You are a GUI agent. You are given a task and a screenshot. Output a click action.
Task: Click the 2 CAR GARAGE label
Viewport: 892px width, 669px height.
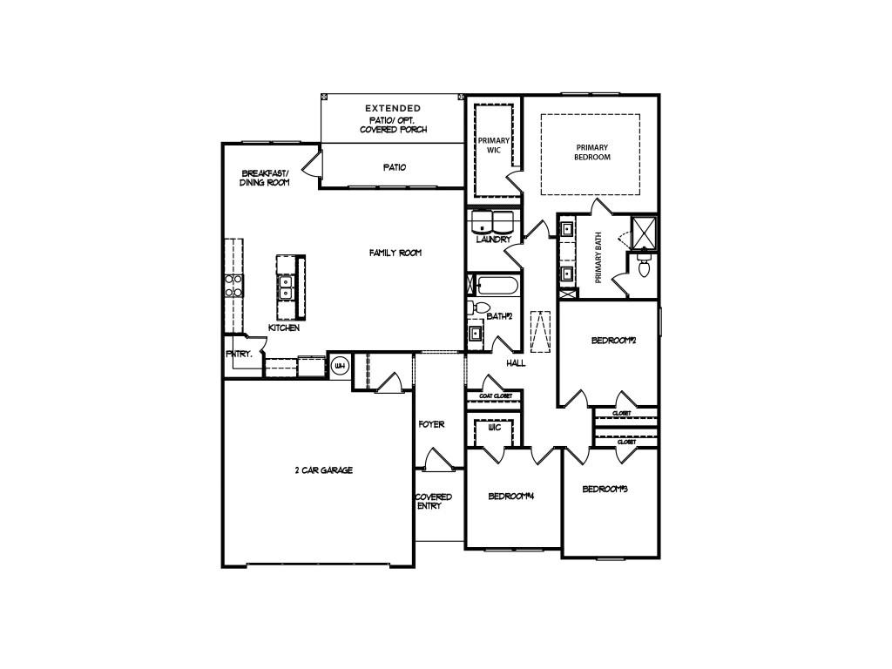(x=323, y=470)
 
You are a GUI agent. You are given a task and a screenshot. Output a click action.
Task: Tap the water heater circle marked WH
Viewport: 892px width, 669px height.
(x=340, y=366)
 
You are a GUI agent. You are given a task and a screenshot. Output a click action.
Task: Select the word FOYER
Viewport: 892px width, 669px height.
(x=431, y=424)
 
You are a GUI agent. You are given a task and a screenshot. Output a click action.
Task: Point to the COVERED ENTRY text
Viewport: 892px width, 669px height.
(x=433, y=501)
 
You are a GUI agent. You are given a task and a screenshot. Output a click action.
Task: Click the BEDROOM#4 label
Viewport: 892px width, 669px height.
(x=510, y=497)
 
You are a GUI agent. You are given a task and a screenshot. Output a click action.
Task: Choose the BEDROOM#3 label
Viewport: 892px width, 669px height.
(x=605, y=490)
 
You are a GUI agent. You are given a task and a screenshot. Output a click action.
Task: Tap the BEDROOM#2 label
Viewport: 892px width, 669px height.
(x=614, y=341)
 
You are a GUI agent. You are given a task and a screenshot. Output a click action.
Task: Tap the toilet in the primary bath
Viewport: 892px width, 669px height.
(x=644, y=268)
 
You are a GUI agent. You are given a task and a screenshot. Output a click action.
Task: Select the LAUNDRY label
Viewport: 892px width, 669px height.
(x=493, y=240)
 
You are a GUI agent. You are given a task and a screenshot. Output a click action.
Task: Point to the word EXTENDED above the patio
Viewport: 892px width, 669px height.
(x=392, y=108)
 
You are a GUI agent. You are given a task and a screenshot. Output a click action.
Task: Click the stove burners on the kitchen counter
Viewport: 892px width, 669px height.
(x=233, y=286)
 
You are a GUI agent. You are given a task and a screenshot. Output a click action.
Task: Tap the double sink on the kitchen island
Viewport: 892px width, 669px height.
(x=285, y=287)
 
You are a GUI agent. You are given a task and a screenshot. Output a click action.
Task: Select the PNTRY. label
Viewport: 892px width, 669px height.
(x=239, y=355)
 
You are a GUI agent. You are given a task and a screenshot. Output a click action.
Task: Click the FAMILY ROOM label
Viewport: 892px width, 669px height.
(x=395, y=253)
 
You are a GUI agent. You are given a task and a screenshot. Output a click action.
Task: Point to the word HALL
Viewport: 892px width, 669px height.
(x=516, y=362)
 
